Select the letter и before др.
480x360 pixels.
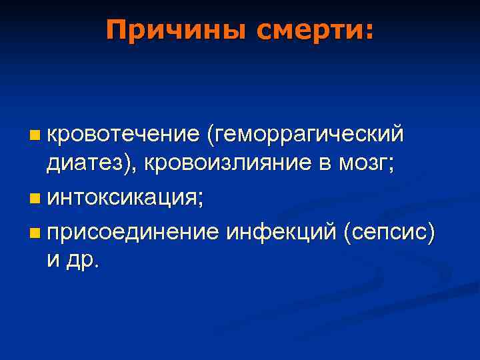pyautogui.click(x=53, y=261)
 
